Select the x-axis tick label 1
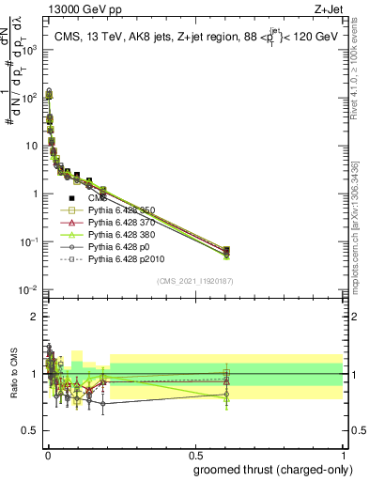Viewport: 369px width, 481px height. tap(342, 455)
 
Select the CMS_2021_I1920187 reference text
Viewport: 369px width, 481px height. tap(194, 280)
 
